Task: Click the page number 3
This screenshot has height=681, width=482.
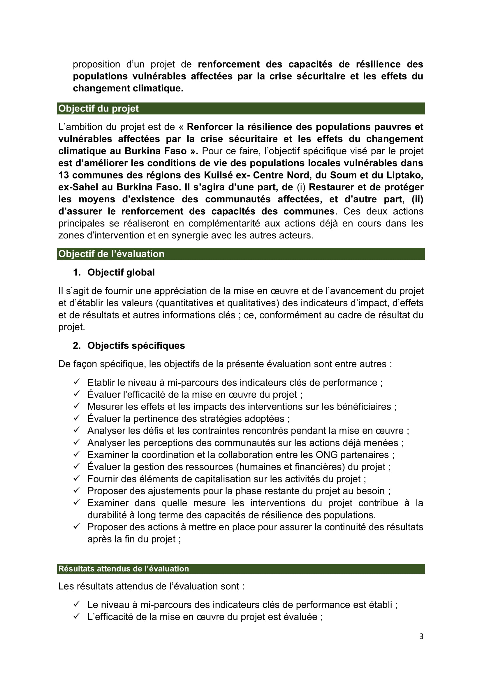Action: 421,636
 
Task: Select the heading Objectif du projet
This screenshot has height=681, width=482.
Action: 98,109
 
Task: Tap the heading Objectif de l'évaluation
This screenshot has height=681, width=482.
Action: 111,254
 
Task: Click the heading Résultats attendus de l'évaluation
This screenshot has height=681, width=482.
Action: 124,569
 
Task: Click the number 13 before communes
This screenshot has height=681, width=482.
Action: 64,175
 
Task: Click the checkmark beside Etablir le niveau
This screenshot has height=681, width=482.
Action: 77,382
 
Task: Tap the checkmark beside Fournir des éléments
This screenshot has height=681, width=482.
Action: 77,479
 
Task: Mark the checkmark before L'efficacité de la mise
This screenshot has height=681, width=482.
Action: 77,616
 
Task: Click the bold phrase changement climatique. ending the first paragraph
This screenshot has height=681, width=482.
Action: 128,89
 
